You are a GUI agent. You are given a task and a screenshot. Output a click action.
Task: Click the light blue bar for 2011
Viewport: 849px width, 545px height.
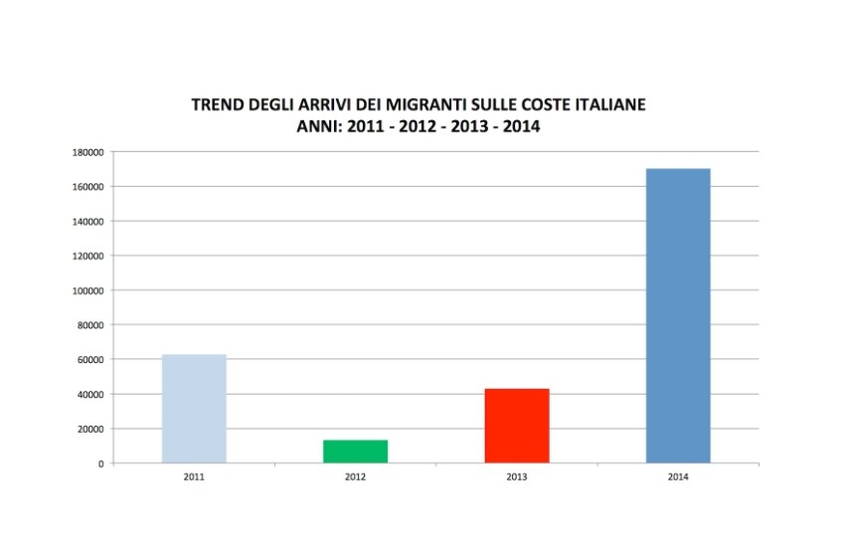194,409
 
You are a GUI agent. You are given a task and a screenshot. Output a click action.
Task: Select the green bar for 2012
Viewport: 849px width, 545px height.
355,452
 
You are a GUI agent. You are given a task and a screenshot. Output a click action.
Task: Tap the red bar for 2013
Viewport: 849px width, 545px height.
517,426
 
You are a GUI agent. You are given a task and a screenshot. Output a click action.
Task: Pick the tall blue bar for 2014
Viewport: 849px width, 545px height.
678,316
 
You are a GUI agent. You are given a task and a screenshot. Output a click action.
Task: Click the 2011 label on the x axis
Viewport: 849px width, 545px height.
194,477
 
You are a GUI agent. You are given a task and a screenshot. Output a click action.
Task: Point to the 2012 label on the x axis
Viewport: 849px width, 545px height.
355,477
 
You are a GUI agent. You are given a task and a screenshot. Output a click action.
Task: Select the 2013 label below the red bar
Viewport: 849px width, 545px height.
517,477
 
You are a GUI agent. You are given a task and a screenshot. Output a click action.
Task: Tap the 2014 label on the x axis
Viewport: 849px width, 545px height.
678,477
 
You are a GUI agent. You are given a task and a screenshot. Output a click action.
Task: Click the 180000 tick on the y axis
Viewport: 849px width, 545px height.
86,152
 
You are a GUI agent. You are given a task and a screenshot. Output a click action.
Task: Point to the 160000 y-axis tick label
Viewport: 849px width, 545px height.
86,187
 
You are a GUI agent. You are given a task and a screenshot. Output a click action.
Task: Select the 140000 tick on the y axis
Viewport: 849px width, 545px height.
86,221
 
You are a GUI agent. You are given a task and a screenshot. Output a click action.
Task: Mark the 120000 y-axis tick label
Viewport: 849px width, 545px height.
86,256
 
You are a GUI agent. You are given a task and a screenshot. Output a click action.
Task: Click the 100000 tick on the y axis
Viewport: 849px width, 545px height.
86,290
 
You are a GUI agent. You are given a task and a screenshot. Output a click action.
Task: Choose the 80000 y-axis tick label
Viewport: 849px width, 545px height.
89,325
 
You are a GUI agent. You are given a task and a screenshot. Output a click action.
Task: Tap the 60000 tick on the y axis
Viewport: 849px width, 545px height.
89,360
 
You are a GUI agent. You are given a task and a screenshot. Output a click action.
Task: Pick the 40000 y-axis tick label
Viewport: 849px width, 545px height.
89,395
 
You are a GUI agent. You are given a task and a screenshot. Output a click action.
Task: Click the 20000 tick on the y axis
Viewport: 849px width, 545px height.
89,429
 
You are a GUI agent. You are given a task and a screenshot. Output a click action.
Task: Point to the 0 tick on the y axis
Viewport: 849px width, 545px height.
100,463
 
